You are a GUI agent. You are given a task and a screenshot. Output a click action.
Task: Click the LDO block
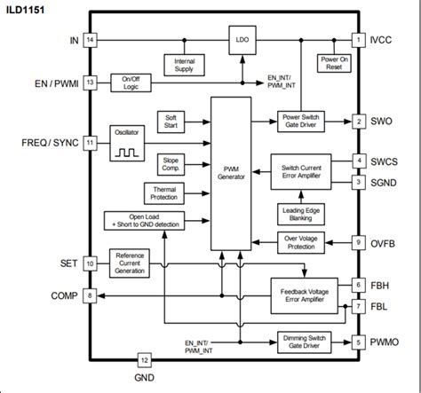point(241,41)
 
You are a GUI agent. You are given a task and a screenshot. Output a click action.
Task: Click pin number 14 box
point(90,40)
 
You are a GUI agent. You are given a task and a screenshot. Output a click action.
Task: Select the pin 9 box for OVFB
point(358,240)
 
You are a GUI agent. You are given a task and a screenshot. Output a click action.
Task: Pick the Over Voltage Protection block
point(304,240)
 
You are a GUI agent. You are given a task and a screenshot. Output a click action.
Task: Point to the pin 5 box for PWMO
point(358,341)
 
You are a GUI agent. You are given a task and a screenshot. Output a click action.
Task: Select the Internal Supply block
point(185,63)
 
